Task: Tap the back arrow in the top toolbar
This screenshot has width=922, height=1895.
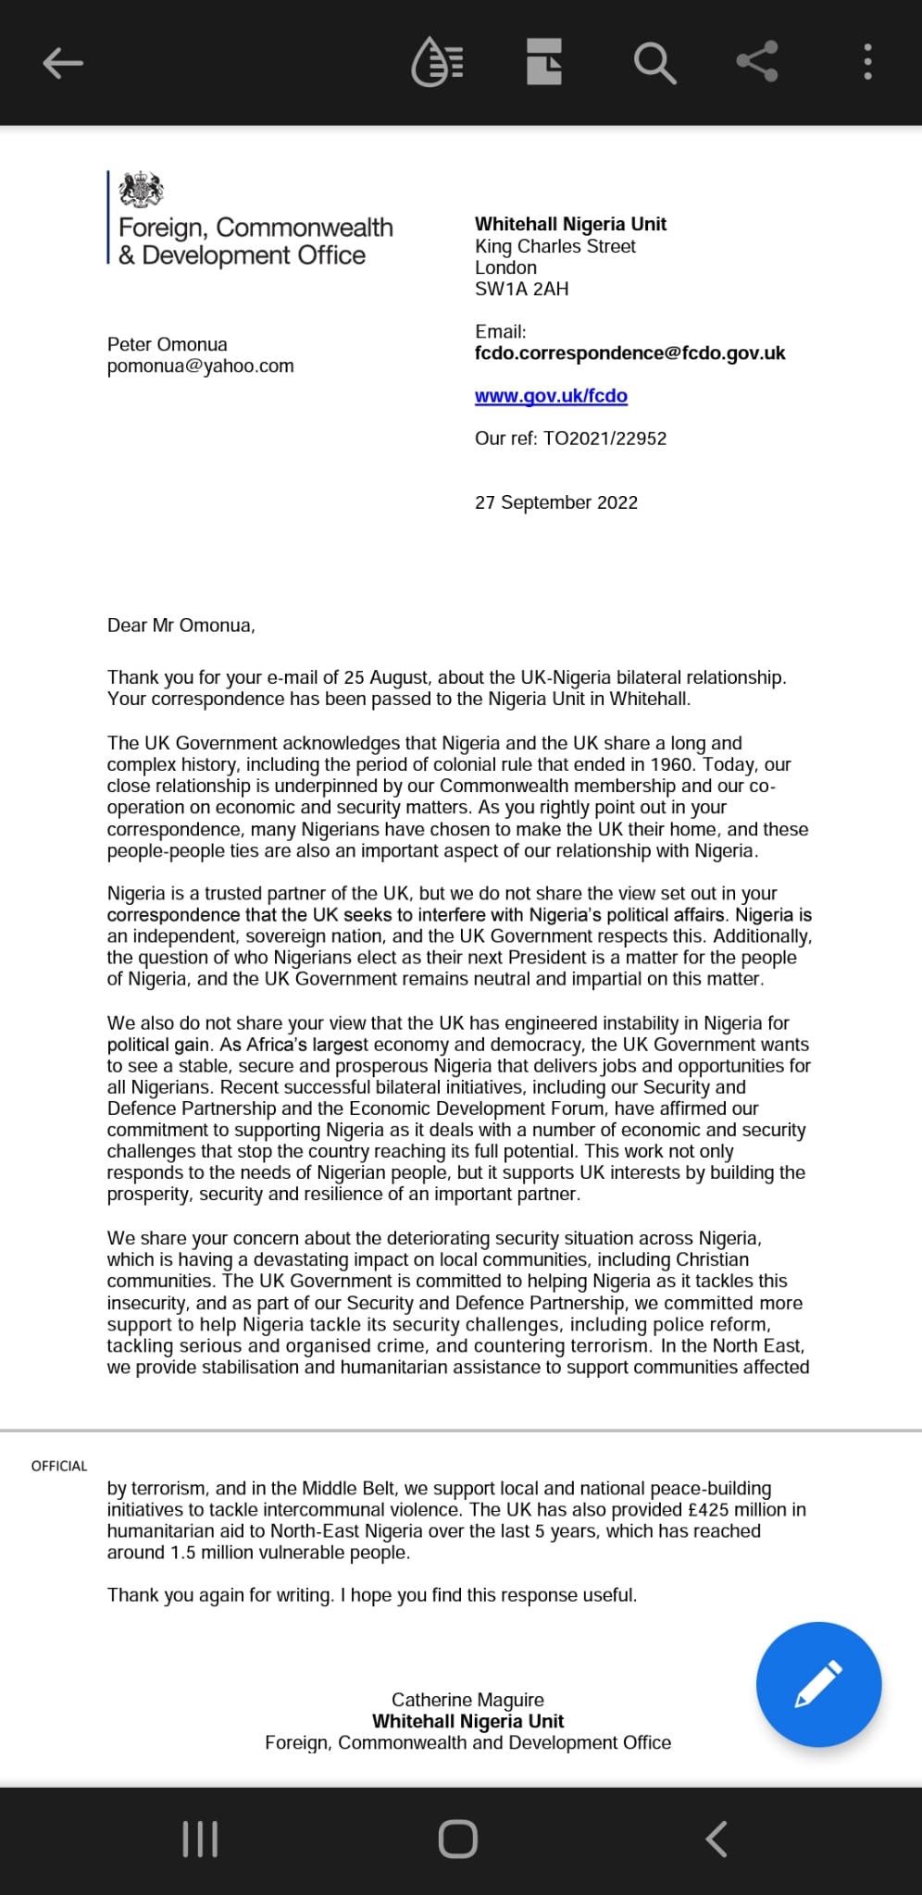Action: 63,63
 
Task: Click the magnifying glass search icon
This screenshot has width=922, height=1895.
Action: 654,63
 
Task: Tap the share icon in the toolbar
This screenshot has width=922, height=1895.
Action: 757,62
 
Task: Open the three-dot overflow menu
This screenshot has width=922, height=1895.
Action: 867,62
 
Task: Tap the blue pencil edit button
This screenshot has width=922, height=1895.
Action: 818,1684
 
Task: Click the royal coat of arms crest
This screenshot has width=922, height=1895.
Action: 142,190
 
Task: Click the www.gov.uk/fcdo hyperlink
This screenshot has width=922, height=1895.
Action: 551,396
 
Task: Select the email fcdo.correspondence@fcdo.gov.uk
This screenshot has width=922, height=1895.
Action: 629,353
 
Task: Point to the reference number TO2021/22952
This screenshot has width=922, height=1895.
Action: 604,439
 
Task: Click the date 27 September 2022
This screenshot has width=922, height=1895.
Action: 556,502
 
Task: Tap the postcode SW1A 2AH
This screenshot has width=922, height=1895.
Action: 522,289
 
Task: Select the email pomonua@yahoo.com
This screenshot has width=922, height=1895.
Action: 201,366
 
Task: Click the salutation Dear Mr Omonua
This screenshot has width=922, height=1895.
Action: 181,625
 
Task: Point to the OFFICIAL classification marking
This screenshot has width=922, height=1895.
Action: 59,1466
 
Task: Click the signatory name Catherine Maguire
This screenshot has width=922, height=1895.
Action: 467,1700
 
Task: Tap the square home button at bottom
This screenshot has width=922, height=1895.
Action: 458,1839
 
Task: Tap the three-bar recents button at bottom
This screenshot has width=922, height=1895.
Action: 200,1839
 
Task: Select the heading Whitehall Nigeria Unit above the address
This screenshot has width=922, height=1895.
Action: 570,224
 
